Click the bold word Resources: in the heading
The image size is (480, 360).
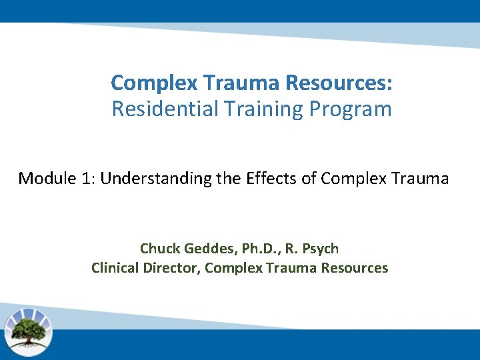click(339, 83)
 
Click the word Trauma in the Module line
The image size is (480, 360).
click(419, 179)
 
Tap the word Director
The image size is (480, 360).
click(173, 268)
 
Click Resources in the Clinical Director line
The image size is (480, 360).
click(353, 268)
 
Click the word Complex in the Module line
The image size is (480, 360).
click(351, 179)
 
